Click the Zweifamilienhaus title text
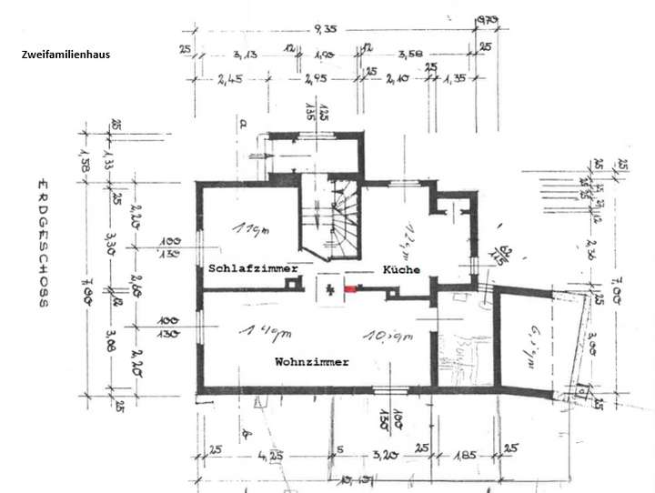coord(65,55)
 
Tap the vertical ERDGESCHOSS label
coord(42,245)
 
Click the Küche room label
coord(400,270)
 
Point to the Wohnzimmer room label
coord(312,362)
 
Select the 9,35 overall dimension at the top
coord(325,28)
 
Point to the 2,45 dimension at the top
coord(228,80)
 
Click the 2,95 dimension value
coord(316,80)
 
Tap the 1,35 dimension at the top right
coord(455,80)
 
